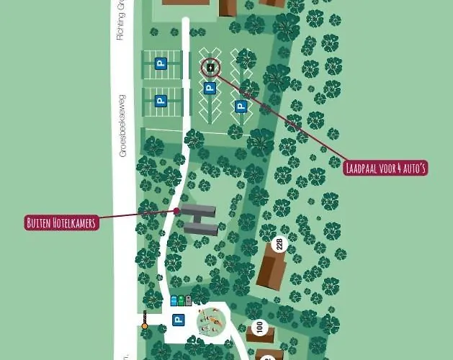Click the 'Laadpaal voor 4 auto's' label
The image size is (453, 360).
386,169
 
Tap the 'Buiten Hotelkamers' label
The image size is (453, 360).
61,222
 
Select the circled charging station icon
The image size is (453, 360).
210,68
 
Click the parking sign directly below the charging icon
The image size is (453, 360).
210,89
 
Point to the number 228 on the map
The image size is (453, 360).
281,244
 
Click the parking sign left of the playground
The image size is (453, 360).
178,320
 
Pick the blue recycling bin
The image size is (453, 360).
174,301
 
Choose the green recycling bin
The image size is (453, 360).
181,301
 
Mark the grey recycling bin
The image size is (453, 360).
188,301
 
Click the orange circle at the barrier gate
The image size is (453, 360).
144,326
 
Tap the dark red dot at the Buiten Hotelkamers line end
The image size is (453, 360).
176,211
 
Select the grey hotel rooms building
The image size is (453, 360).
199,219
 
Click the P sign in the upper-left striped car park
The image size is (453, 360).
161,63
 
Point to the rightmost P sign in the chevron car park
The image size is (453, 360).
241,107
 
